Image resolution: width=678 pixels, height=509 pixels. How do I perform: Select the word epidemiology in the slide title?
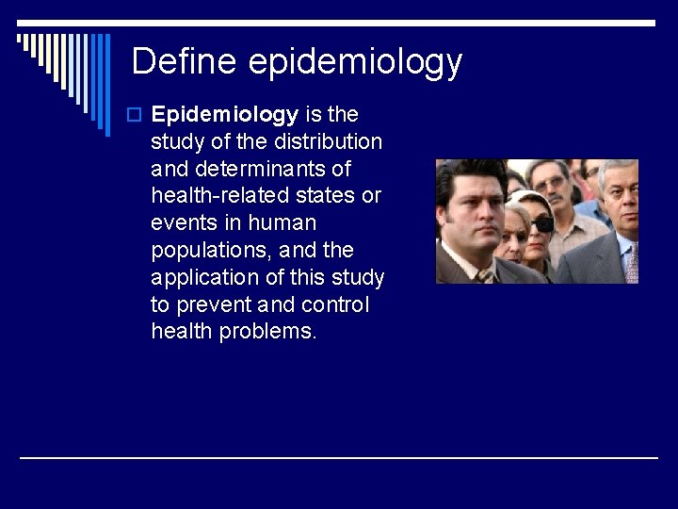355,63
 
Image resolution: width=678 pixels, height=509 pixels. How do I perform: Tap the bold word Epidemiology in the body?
224,115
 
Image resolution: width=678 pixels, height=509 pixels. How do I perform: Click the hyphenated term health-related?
224,196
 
